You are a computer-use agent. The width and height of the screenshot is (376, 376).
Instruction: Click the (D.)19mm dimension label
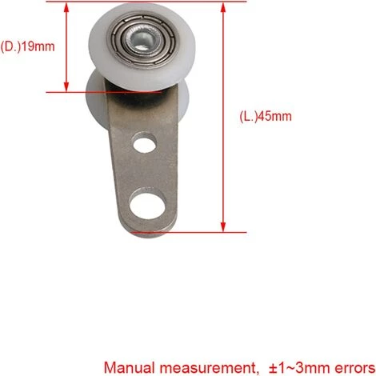(x=27, y=46)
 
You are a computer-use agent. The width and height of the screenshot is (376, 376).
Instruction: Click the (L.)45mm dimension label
(x=266, y=116)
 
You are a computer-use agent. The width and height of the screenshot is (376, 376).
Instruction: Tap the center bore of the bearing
(x=141, y=40)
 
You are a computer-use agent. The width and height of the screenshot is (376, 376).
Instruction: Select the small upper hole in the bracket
(x=145, y=142)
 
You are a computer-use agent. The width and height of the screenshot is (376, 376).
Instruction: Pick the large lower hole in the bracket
(x=147, y=204)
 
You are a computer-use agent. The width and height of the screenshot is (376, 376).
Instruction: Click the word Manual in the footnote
(x=130, y=368)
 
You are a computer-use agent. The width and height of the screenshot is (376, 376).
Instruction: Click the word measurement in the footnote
(x=208, y=368)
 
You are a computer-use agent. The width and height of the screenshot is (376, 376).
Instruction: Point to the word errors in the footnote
(x=354, y=368)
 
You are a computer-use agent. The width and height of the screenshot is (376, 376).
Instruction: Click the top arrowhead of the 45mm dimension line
(x=223, y=7)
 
